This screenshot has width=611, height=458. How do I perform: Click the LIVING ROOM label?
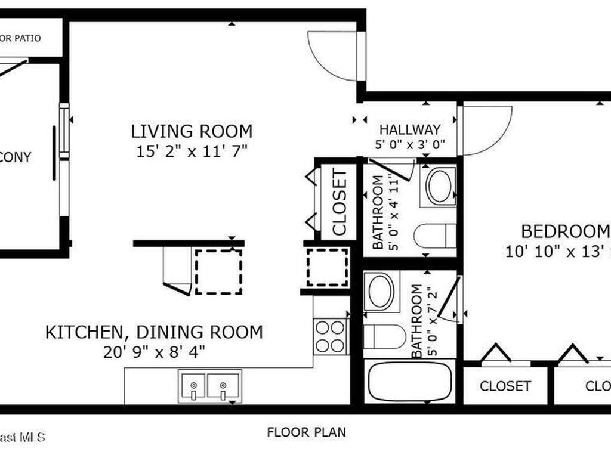(192, 131)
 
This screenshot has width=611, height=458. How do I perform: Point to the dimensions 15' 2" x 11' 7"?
(192, 151)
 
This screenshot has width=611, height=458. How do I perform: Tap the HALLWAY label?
(411, 129)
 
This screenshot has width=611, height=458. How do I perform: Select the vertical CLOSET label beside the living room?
(339, 202)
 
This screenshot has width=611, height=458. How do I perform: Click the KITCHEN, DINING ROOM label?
(154, 332)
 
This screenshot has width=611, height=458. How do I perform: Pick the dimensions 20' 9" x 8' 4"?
(154, 351)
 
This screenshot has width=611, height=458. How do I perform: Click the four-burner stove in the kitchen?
(331, 336)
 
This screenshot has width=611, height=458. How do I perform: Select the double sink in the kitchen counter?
(209, 386)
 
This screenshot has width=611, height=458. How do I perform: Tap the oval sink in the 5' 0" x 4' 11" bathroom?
(439, 187)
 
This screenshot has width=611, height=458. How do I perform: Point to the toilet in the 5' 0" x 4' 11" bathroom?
(436, 236)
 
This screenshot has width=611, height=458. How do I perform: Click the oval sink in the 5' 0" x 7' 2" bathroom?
(380, 292)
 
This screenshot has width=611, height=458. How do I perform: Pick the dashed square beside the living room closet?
(328, 267)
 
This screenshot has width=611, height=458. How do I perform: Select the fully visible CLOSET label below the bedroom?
(505, 386)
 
